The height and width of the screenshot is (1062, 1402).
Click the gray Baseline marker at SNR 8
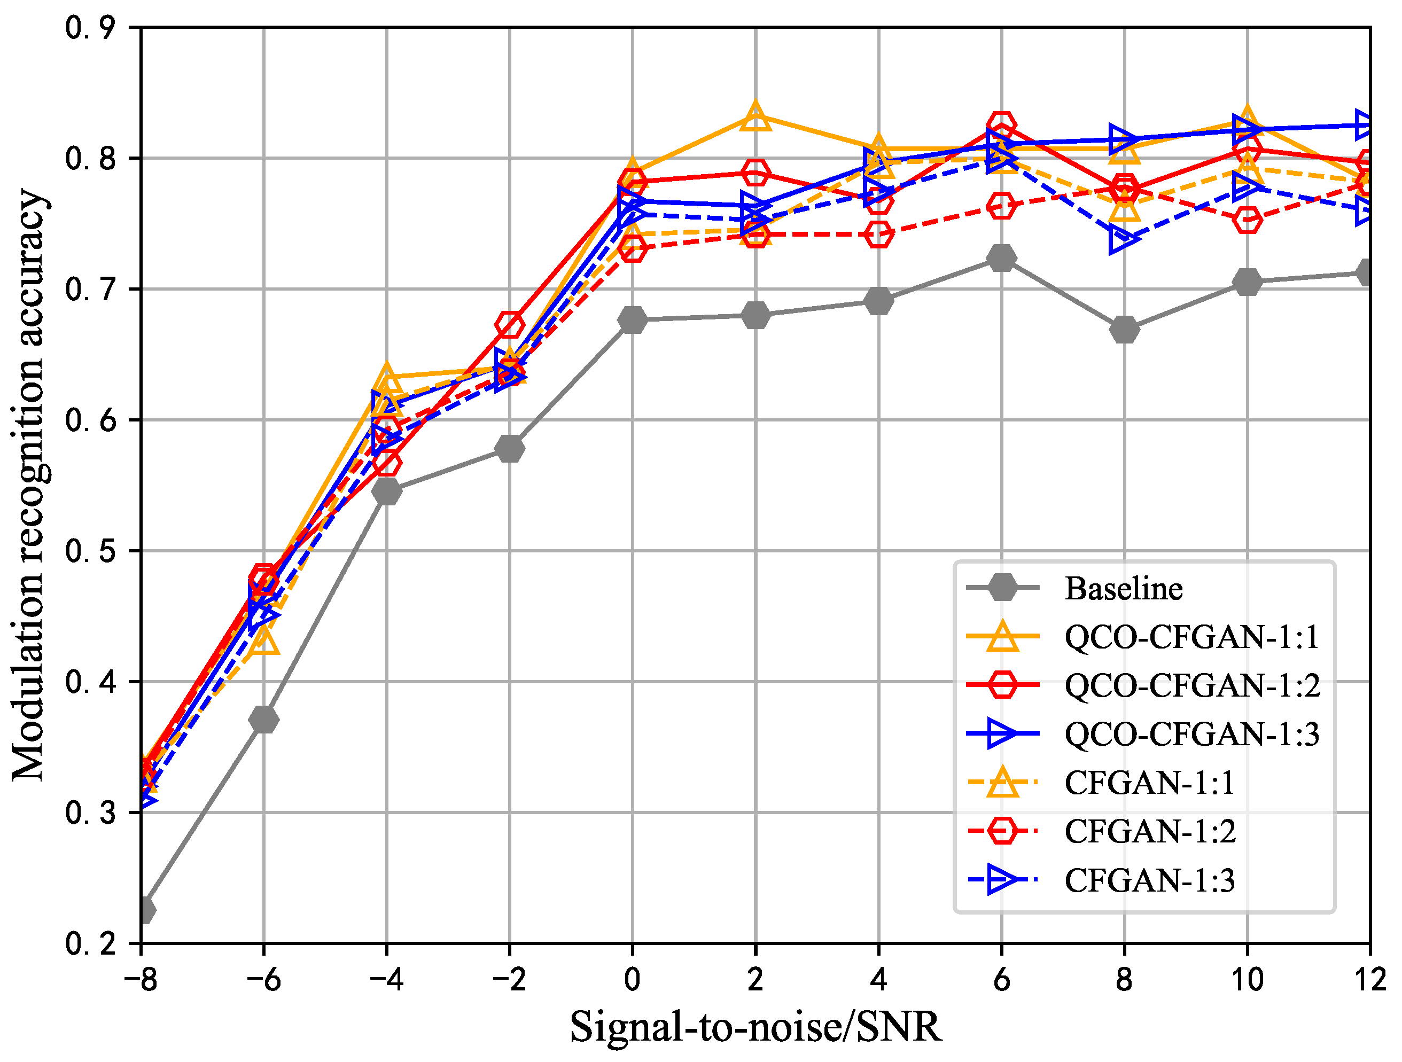tap(1124, 330)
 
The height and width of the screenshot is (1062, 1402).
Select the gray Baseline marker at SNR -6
tap(263, 720)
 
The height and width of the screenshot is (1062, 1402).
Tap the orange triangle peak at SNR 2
tap(755, 116)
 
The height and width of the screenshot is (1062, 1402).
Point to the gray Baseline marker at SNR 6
tap(1001, 258)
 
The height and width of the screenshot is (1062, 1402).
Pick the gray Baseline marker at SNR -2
tap(510, 449)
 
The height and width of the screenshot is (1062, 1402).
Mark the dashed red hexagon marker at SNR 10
tap(1247, 220)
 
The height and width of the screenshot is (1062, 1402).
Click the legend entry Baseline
tap(1123, 589)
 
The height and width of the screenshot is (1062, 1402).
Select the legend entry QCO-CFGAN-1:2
tap(1191, 685)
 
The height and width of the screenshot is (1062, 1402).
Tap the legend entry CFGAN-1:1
tap(1149, 783)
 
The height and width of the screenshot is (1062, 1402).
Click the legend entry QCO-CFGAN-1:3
tap(1191, 735)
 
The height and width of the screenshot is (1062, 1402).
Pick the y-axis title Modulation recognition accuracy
tap(28, 485)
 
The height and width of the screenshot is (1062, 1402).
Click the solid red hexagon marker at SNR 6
tap(1001, 124)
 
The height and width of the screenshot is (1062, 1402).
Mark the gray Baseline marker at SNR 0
tap(632, 319)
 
